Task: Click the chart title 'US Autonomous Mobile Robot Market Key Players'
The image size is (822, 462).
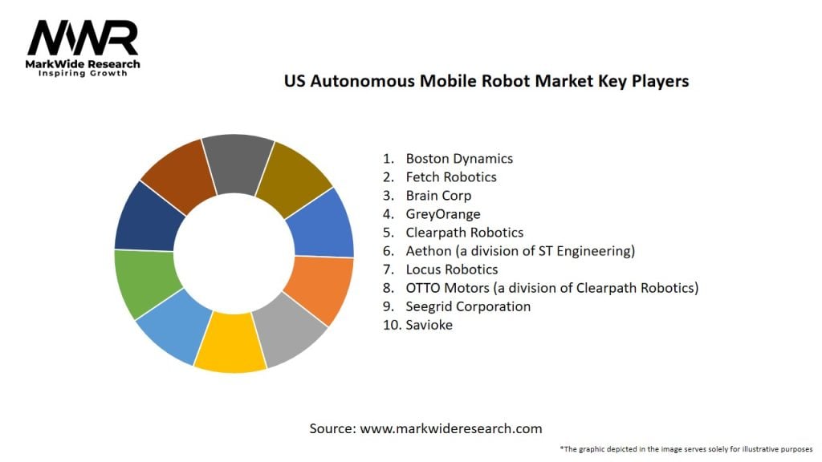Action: (486, 81)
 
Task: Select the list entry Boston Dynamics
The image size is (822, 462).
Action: (459, 158)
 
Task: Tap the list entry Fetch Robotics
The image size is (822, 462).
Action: (451, 176)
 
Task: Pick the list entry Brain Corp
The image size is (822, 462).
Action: (438, 195)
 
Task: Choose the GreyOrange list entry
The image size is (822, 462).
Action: (443, 213)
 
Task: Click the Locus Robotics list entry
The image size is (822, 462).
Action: (452, 269)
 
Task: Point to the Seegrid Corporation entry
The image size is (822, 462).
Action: (468, 306)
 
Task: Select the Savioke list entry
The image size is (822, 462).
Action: (429, 325)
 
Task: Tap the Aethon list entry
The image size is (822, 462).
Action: (520, 250)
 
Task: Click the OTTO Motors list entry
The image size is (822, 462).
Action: (552, 287)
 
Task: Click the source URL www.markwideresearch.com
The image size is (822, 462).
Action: (450, 428)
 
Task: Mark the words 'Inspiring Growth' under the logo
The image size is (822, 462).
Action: (83, 74)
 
